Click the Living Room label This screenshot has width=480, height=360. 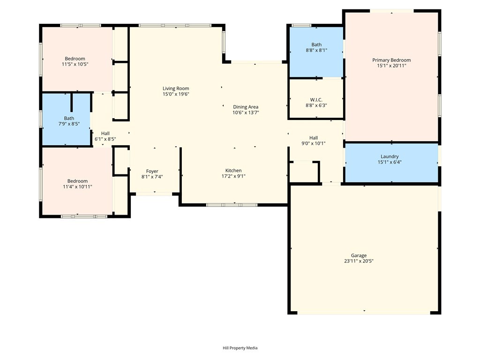pyautogui.click(x=176, y=89)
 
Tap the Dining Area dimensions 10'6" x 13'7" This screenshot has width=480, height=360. pyautogui.click(x=246, y=112)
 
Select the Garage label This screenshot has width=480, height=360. pyautogui.click(x=359, y=255)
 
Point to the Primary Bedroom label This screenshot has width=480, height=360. pyautogui.click(x=391, y=60)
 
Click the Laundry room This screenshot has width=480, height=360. pyautogui.click(x=391, y=163)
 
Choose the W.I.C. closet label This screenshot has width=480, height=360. pyautogui.click(x=316, y=100)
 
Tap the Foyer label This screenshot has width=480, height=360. pyautogui.click(x=152, y=172)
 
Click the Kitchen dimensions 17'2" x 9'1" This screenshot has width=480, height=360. pyautogui.click(x=233, y=176)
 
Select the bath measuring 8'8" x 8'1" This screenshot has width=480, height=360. pyautogui.click(x=316, y=52)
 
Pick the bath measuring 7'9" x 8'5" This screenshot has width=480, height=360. pyautogui.click(x=66, y=120)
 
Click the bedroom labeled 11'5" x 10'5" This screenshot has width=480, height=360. pyautogui.click(x=77, y=59)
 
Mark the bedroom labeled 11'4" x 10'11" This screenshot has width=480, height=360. pyautogui.click(x=77, y=181)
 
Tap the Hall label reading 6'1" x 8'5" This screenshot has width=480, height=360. pyautogui.click(x=105, y=136)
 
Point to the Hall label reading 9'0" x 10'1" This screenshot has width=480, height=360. pyautogui.click(x=314, y=141)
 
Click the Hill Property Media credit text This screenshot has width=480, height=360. pyautogui.click(x=240, y=348)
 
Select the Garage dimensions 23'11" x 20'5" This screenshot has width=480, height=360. pyautogui.click(x=359, y=261)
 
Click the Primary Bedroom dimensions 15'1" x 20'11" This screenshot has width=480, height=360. pyautogui.click(x=391, y=66)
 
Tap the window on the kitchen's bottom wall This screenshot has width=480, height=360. pyautogui.click(x=232, y=205)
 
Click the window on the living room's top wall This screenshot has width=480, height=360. pyautogui.click(x=175, y=25)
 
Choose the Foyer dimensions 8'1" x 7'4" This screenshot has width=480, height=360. pyautogui.click(x=152, y=177)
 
